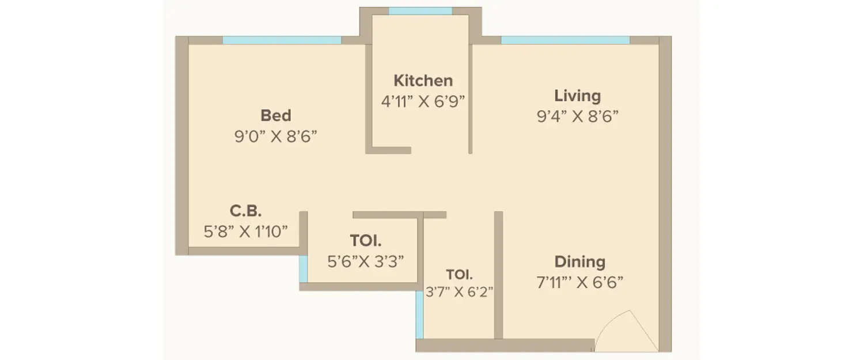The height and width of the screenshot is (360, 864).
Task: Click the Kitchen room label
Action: tap(423, 81)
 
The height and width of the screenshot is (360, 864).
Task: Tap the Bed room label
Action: tap(276, 115)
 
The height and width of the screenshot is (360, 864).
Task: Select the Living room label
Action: tap(577, 96)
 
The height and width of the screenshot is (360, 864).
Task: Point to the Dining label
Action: tap(579, 262)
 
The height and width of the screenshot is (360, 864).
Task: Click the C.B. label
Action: tap(247, 211)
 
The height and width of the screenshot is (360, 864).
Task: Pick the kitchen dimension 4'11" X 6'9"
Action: tap(423, 102)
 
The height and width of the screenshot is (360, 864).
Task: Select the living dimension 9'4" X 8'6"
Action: tap(577, 117)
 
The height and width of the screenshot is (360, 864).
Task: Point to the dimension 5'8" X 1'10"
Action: tap(246, 232)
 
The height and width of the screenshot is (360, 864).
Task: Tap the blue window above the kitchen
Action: tap(420, 11)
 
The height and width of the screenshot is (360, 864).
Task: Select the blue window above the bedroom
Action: tap(282, 40)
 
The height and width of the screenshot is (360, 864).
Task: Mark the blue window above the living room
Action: tap(565, 40)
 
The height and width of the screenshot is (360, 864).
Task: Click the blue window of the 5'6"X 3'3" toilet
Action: tap(303, 268)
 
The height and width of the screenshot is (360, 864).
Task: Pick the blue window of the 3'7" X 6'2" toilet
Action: tap(419, 314)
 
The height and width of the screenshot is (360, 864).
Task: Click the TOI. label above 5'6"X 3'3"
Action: tap(365, 240)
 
